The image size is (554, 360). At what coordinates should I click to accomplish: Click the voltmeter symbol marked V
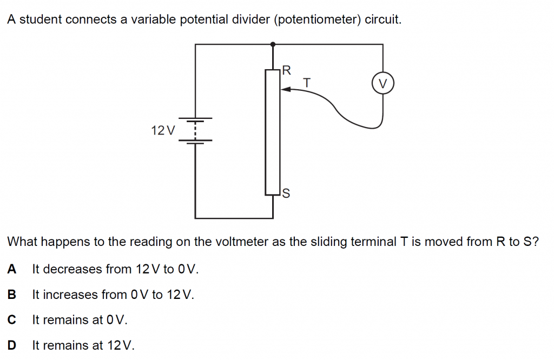point(383,84)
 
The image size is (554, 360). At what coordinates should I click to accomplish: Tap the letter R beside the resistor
point(287,70)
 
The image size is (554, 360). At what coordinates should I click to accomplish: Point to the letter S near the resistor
point(286,193)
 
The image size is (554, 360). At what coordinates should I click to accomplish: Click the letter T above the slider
point(307,83)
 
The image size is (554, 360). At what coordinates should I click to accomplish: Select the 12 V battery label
point(163,130)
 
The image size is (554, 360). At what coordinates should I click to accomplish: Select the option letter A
point(11,269)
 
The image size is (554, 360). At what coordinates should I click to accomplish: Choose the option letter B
point(11,295)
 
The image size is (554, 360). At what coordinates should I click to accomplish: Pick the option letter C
point(11,320)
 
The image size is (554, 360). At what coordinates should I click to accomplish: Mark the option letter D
point(11,345)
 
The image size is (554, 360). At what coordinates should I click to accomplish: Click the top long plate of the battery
point(195,118)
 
